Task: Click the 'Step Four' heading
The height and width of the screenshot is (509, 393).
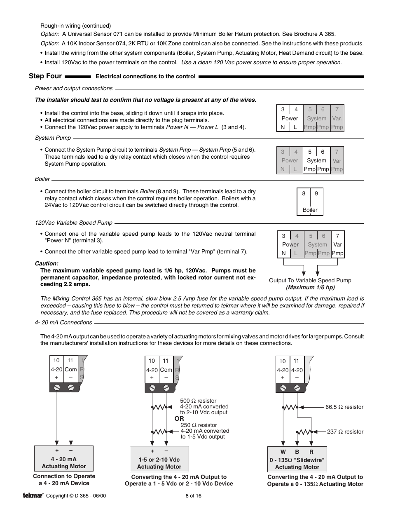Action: [x=45, y=76]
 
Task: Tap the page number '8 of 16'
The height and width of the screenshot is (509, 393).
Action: [x=193, y=496]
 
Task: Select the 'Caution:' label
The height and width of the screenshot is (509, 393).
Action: [x=47, y=263]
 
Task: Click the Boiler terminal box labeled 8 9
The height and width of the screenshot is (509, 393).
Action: [x=310, y=202]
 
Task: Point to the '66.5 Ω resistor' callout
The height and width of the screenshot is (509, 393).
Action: [x=344, y=407]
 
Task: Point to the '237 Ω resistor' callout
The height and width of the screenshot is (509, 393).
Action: [x=345, y=432]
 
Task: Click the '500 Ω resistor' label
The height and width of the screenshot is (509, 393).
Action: [x=198, y=401]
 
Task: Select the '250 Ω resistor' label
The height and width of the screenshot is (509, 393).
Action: [x=199, y=425]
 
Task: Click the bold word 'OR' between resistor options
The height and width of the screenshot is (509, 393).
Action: [x=179, y=419]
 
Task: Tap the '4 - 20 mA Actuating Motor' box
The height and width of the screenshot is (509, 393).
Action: [x=64, y=459]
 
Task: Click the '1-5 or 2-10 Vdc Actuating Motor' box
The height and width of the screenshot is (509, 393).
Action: [x=159, y=459]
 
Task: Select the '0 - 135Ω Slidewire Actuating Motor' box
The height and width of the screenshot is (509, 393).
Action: [x=297, y=460]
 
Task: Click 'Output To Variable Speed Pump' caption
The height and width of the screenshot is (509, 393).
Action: [x=310, y=280]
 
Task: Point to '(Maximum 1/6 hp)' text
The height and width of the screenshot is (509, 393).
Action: [x=310, y=287]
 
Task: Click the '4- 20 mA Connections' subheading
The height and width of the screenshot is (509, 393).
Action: [x=63, y=322]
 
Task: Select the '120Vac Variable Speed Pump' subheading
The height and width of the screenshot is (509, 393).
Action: [x=73, y=223]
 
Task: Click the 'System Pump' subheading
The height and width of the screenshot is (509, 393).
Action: [x=53, y=138]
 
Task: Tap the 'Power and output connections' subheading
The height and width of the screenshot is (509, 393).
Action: [x=73, y=88]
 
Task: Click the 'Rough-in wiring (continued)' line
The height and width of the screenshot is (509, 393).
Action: [x=75, y=26]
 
